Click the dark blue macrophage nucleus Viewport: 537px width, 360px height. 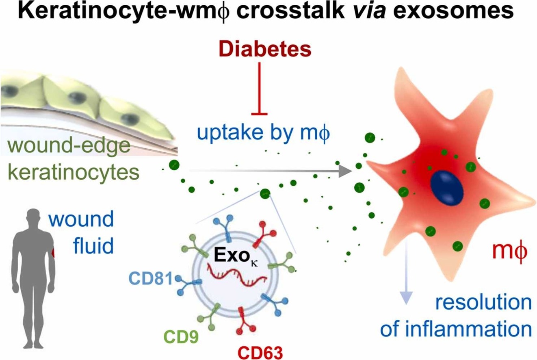click(446, 187)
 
